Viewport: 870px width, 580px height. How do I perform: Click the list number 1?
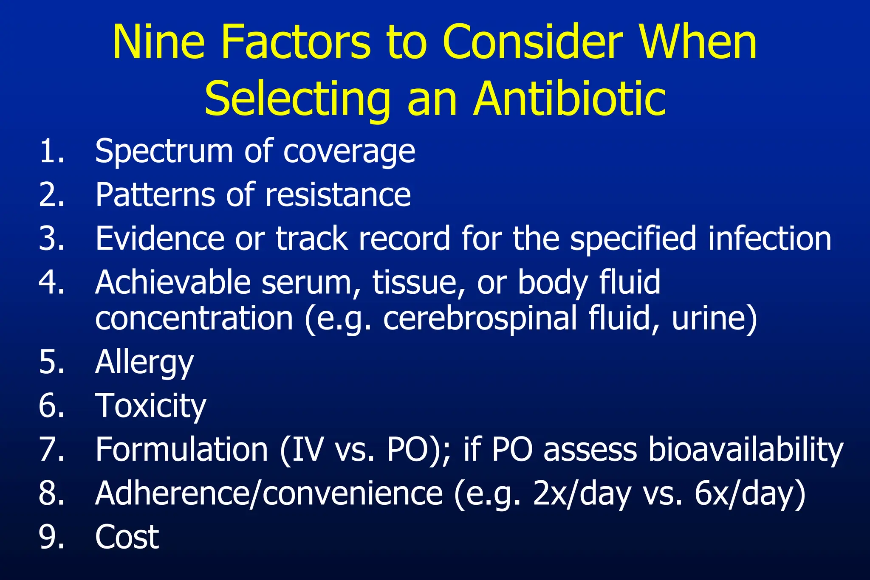click(x=51, y=151)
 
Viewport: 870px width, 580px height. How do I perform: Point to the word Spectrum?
click(x=164, y=152)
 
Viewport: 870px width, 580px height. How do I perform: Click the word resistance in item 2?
click(x=338, y=195)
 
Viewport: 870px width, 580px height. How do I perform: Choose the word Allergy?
click(x=144, y=363)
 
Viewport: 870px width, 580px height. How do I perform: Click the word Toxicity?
click(x=151, y=406)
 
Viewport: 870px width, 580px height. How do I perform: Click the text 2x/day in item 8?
click(x=582, y=494)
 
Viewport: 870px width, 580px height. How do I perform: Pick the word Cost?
click(x=127, y=537)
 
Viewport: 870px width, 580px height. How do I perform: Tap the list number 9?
click(x=51, y=537)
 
